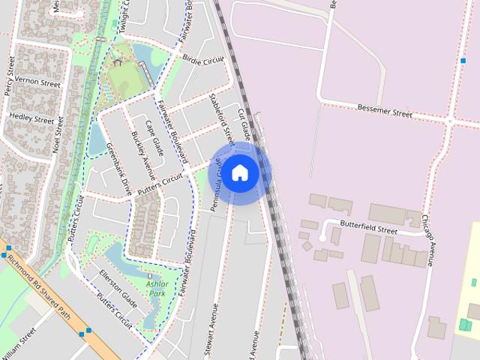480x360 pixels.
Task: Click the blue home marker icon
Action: pyautogui.click(x=239, y=172)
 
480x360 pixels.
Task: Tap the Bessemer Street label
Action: pyautogui.click(x=385, y=111)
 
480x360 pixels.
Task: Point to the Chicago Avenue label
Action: pyautogui.click(x=428, y=241)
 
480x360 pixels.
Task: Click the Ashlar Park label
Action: pyautogui.click(x=157, y=289)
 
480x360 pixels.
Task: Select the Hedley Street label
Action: pyautogui.click(x=31, y=119)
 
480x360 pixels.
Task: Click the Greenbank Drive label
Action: pyautogui.click(x=118, y=169)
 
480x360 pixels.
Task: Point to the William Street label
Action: pyautogui.click(x=18, y=342)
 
